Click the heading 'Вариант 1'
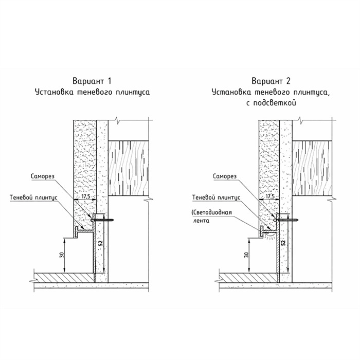point(92,81)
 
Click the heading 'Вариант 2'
point(271,81)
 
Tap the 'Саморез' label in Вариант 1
point(43,176)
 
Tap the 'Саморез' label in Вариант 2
point(225,176)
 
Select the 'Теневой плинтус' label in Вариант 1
point(33,197)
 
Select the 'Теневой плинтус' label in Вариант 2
point(217,197)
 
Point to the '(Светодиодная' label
point(211,212)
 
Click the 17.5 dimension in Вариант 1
point(85,196)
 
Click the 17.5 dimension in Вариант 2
point(270,196)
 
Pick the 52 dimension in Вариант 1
point(100,243)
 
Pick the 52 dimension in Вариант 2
point(283,243)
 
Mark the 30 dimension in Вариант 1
point(62,255)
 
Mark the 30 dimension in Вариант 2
point(246,255)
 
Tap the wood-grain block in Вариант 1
point(129,168)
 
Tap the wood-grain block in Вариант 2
point(312,168)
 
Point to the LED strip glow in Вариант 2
point(269,236)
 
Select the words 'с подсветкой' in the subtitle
point(271,103)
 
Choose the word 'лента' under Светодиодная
point(201,221)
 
